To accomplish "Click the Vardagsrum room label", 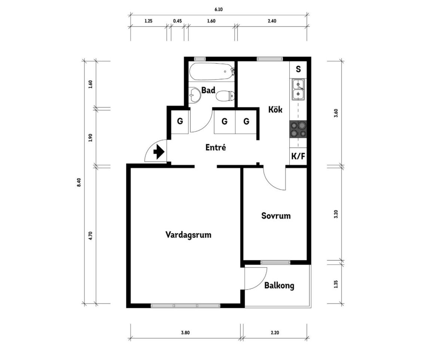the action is (x=188, y=235).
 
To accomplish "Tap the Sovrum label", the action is (x=276, y=216).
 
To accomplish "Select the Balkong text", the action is (x=279, y=286).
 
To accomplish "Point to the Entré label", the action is (x=216, y=147).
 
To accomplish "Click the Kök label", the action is (x=275, y=110).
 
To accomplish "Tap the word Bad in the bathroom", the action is (x=208, y=90).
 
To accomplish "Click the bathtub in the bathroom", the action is (x=212, y=71).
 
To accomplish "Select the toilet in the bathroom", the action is (x=225, y=96).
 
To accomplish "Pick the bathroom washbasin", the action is (x=195, y=95).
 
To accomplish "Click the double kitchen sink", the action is (x=298, y=89).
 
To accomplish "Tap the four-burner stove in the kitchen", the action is (x=298, y=129).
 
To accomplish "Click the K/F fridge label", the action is (x=298, y=156).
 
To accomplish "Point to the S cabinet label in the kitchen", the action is (x=298, y=69).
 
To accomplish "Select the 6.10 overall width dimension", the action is (x=219, y=9).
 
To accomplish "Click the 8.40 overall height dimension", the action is (x=79, y=183).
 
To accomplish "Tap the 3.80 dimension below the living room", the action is (x=185, y=333).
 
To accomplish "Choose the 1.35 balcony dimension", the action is (x=336, y=284).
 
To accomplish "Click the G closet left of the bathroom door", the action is (x=180, y=121).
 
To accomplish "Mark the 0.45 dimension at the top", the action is (x=177, y=21).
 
